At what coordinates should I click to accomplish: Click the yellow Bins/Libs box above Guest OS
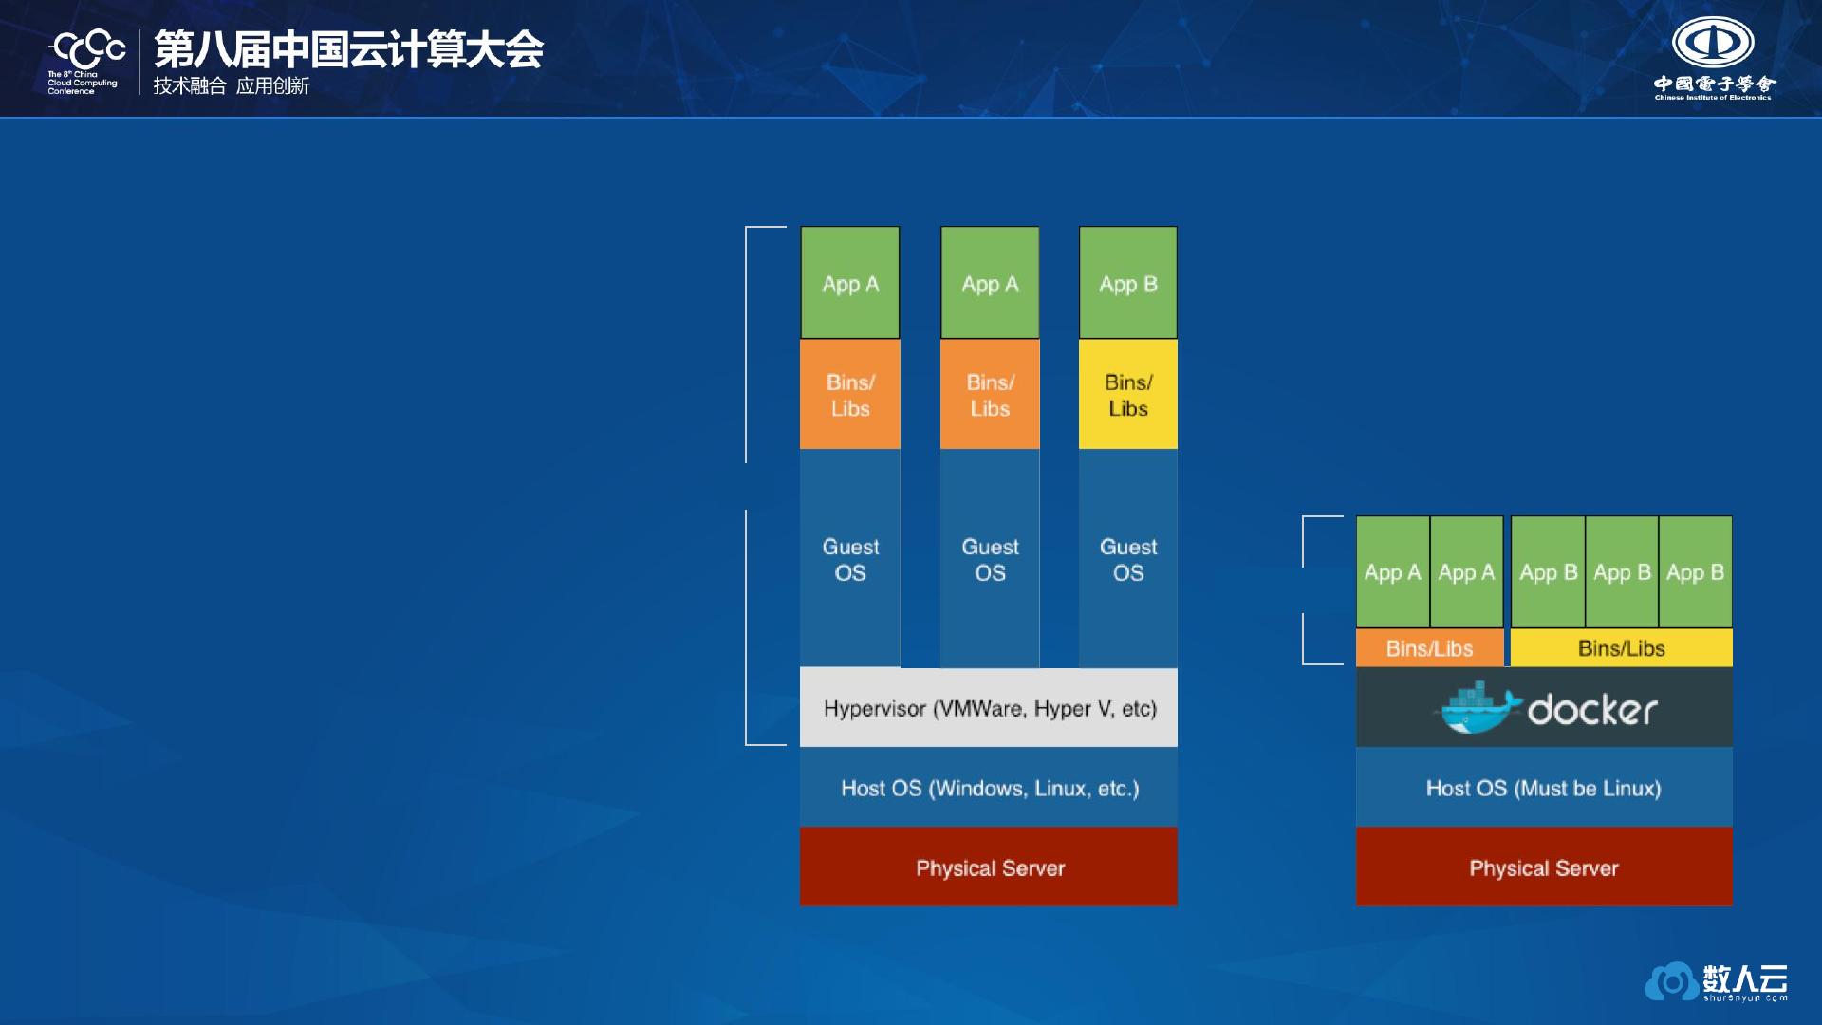[1128, 394]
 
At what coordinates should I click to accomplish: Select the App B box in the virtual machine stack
[1128, 283]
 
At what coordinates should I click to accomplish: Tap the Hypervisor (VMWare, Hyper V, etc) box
[989, 708]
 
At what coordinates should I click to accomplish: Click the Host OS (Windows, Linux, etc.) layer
[989, 788]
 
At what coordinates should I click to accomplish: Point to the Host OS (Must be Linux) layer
[1544, 788]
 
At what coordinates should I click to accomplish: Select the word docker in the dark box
[1592, 710]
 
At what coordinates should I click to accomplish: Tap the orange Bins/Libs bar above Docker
[1430, 648]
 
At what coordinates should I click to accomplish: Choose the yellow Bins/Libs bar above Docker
[1622, 648]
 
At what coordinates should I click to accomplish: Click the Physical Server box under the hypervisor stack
[989, 867]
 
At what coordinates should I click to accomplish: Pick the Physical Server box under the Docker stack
[1544, 867]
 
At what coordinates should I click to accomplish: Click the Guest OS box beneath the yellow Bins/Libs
[1128, 559]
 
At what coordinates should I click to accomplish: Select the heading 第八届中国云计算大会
[348, 49]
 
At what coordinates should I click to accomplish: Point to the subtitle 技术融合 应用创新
[232, 86]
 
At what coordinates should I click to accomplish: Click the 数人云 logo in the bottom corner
[1717, 981]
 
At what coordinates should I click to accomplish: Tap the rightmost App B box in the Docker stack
[1696, 572]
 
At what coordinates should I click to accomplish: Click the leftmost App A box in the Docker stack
[1392, 572]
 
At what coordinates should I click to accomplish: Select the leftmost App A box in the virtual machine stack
[850, 283]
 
